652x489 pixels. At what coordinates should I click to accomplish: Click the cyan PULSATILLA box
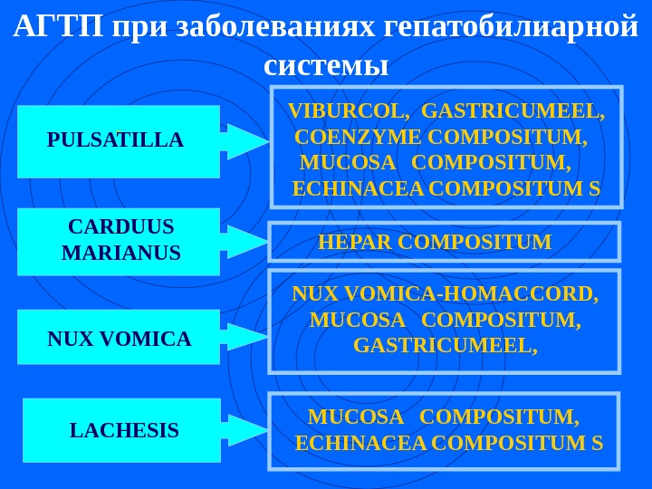(119, 141)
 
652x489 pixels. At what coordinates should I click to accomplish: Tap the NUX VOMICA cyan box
(119, 338)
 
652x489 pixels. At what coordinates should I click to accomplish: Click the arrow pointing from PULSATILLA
(244, 141)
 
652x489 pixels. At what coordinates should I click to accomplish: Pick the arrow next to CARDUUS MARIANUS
(244, 242)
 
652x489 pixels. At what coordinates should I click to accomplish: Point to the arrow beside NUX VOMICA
(244, 337)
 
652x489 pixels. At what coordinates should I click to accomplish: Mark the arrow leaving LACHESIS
(244, 431)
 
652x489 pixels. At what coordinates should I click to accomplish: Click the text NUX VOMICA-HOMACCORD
(446, 295)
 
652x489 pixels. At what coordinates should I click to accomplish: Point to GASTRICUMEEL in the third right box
(446, 346)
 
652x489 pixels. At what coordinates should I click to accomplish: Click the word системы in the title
(326, 65)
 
